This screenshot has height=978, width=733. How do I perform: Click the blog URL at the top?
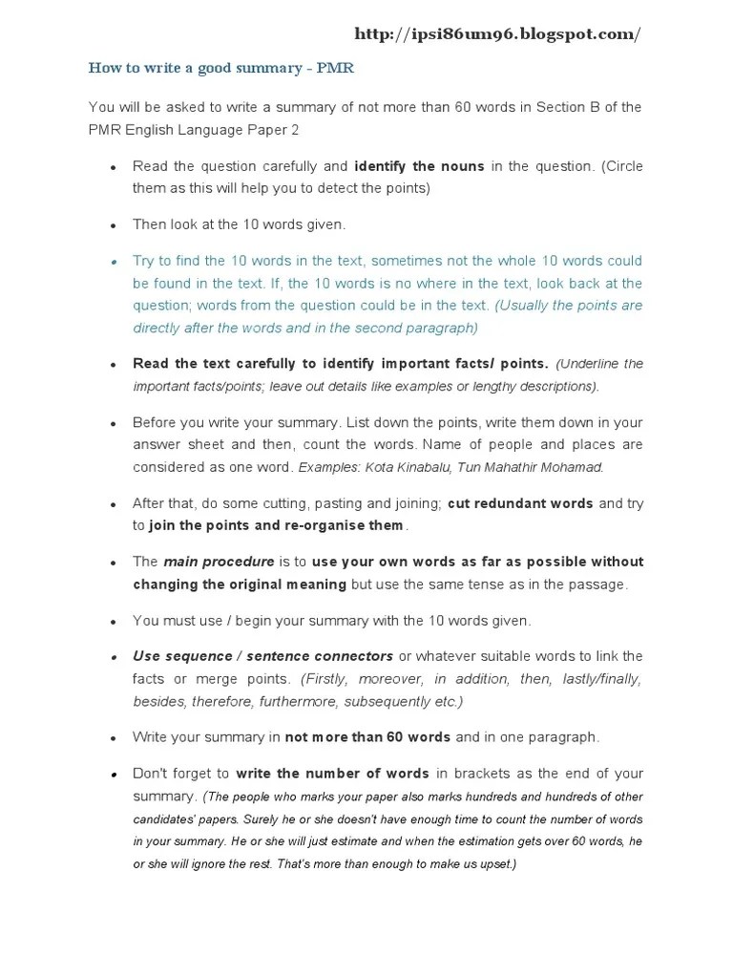[497, 34]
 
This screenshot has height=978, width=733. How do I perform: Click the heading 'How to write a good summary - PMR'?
[221, 68]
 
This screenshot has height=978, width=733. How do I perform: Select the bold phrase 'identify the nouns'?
[419, 166]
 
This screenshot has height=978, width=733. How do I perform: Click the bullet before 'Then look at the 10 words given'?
[113, 225]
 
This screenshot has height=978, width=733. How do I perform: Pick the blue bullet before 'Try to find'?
[113, 261]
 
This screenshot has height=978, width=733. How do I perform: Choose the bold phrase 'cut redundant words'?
[520, 503]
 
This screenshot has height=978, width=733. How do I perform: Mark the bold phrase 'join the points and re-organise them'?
[277, 525]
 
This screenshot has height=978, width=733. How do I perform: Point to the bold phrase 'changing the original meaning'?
[240, 584]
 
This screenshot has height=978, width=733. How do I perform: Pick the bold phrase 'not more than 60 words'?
[367, 737]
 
